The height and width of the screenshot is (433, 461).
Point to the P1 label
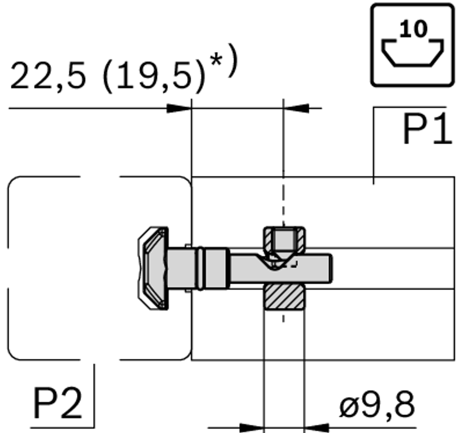click(427, 130)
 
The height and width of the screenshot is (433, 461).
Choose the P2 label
click(57, 404)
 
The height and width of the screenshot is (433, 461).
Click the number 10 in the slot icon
click(413, 29)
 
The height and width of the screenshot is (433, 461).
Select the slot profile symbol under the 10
click(413, 53)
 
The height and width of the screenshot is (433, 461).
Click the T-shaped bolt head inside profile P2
click(154, 268)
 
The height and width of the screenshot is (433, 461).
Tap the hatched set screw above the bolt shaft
click(284, 242)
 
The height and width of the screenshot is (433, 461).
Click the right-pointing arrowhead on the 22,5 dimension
click(179, 108)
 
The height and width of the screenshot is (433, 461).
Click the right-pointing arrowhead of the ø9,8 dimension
click(252, 427)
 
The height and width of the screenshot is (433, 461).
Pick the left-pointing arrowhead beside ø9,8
click(316, 427)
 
